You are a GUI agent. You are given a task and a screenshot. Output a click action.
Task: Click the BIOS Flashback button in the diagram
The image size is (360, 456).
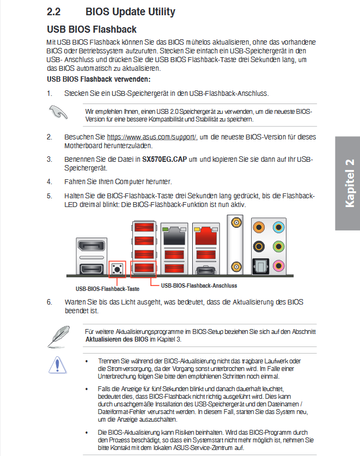117,268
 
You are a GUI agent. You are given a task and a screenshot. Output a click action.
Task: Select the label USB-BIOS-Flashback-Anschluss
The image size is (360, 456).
199,285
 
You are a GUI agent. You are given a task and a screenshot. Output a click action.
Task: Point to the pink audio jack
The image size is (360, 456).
279,265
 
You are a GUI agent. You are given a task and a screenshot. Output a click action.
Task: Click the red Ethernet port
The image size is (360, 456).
206,235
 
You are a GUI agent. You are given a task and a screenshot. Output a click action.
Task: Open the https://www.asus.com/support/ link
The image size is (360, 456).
151,137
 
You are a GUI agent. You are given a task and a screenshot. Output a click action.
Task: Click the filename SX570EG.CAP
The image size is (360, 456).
163,160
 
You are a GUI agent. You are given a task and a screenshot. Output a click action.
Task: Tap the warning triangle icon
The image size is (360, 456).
57,364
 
